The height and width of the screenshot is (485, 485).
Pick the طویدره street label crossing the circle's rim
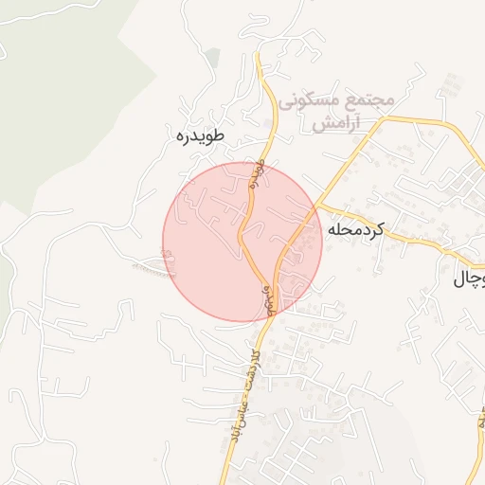coord(256,174)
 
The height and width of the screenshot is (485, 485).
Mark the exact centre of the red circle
coord(242,242)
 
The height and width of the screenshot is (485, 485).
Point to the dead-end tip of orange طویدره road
coord(257,54)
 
